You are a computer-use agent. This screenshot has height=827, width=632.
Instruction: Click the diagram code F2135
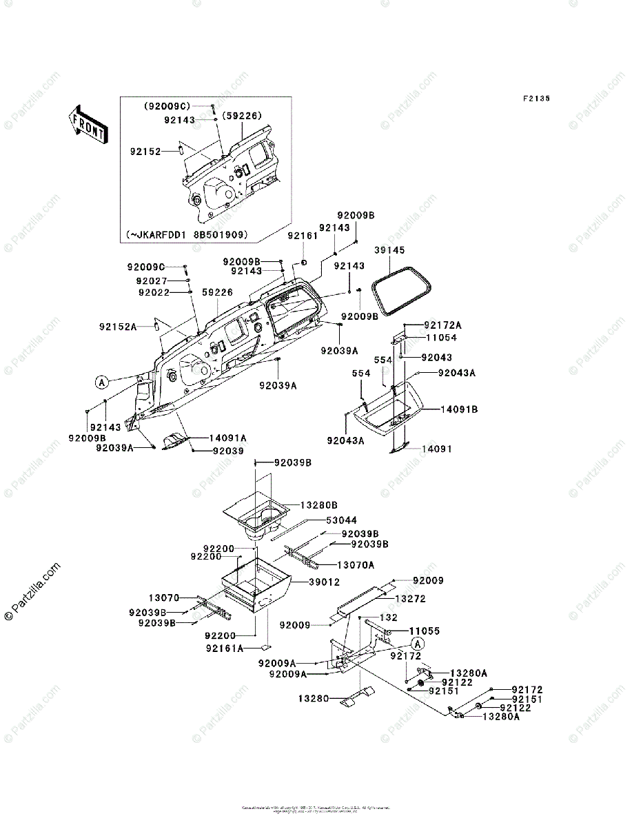point(536,99)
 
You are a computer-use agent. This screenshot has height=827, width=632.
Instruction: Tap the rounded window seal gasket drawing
point(402,290)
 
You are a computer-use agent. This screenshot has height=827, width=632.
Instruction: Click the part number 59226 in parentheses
point(242,116)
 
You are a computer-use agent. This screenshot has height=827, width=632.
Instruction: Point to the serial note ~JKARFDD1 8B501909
point(187,234)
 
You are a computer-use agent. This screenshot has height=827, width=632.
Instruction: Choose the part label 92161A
point(225,648)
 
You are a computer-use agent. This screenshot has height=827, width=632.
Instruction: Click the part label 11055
point(425,631)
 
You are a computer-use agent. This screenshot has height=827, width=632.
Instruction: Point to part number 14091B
point(460,409)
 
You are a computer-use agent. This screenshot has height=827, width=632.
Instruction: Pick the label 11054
point(441,338)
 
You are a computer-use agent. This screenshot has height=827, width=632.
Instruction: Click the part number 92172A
point(443,325)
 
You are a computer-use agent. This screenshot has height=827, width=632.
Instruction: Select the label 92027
point(151,280)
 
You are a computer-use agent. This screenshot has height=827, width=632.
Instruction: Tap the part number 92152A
point(118,327)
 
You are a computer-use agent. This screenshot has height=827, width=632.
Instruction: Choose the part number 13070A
point(360,564)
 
